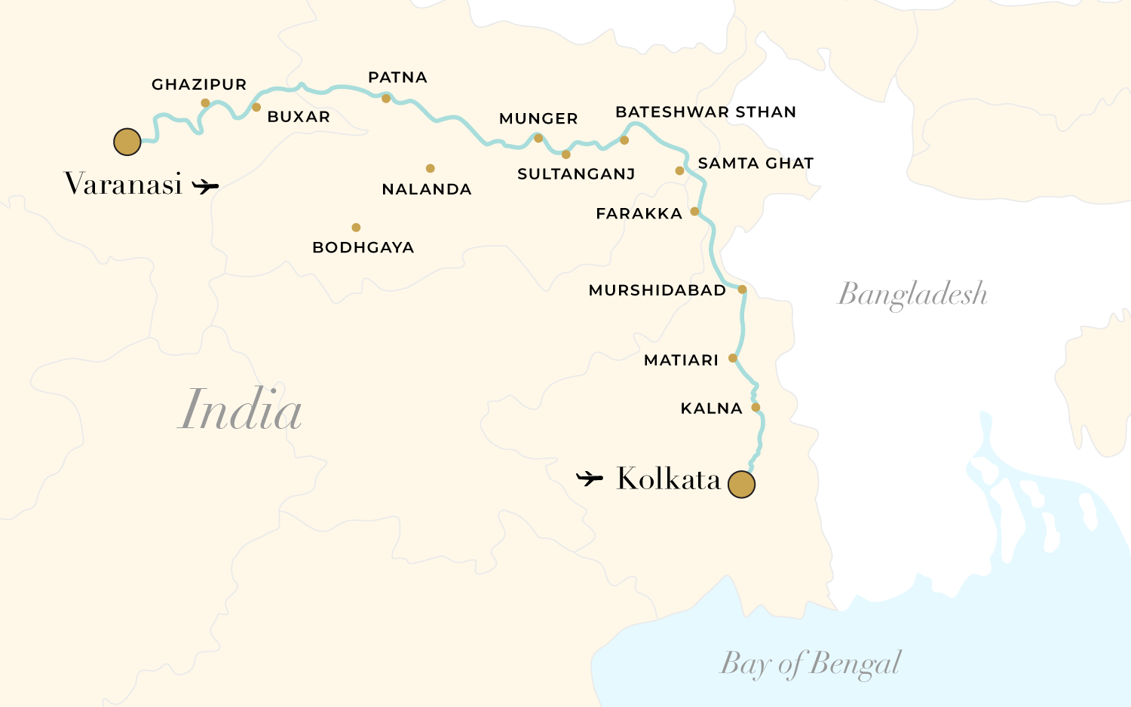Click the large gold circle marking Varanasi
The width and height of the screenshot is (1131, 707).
[x=127, y=142]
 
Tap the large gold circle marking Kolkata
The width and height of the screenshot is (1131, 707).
[x=741, y=485]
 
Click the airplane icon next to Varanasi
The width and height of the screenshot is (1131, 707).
[x=205, y=185]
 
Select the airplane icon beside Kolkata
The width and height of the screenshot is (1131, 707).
[x=590, y=478]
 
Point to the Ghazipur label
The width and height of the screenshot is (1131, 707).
[x=199, y=84]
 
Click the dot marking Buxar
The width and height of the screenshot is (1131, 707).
[x=256, y=107]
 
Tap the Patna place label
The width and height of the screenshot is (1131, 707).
[x=397, y=78]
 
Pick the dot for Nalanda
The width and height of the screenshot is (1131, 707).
[x=430, y=168]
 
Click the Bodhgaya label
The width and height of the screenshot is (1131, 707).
[x=363, y=247]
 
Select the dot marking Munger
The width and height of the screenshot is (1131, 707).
[x=538, y=138]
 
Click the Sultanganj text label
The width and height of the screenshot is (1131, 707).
[x=576, y=174]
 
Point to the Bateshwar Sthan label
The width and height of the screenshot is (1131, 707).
[x=706, y=112]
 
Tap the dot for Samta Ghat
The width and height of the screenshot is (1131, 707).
[x=679, y=170]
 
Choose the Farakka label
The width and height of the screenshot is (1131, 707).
[x=639, y=214]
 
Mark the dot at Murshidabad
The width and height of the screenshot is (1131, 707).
[x=742, y=289]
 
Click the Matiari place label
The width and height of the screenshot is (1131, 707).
[x=681, y=360]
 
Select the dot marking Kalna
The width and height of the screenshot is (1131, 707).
[x=756, y=407]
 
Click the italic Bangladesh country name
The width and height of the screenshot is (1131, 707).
[x=912, y=294]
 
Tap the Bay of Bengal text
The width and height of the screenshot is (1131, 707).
[x=811, y=664]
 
